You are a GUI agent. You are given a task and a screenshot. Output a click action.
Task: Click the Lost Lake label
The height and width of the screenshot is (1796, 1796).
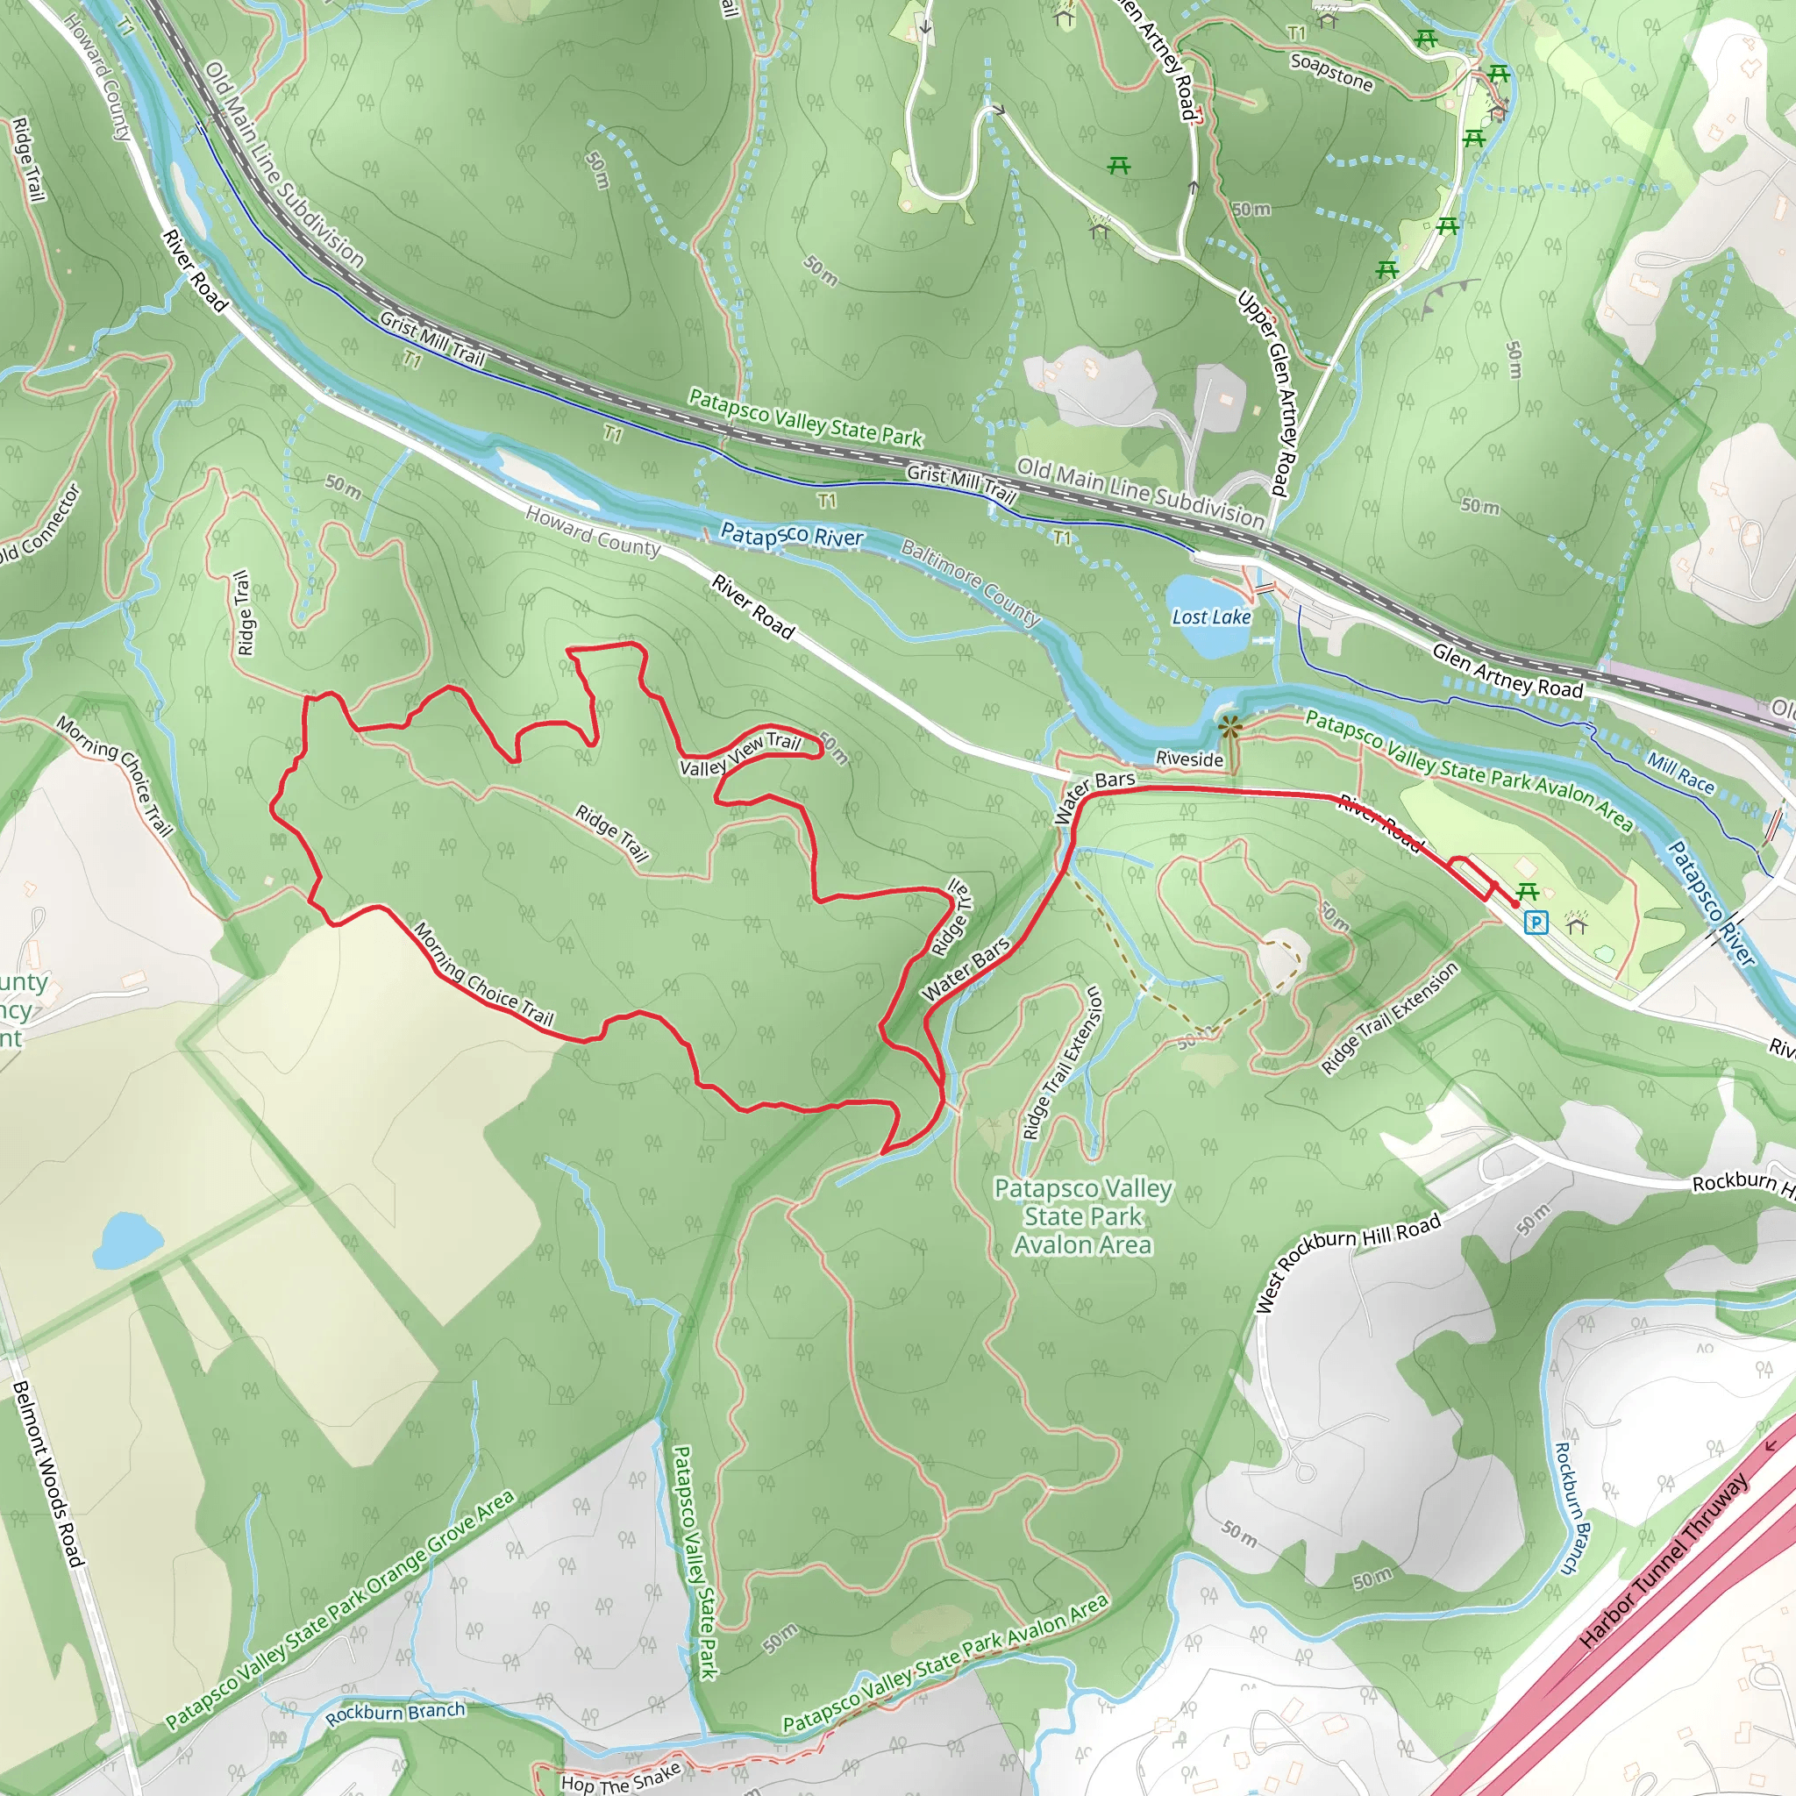[1210, 616]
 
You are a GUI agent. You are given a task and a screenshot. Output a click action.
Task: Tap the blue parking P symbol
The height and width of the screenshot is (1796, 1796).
[1536, 923]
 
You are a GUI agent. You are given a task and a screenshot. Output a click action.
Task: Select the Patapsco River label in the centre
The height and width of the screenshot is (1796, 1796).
[792, 536]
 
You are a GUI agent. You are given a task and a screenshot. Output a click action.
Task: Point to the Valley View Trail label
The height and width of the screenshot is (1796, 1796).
[740, 754]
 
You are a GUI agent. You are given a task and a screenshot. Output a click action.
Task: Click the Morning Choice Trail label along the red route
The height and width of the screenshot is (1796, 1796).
[483, 973]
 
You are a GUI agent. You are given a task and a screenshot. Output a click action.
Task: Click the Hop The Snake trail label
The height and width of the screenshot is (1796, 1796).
[620, 1778]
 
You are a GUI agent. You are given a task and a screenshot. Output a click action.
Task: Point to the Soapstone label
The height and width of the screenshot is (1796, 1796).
[1331, 73]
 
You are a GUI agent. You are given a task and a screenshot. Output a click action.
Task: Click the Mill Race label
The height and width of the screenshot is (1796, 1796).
[1681, 772]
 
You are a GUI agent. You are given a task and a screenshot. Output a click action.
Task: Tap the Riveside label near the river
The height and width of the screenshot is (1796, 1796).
[1189, 759]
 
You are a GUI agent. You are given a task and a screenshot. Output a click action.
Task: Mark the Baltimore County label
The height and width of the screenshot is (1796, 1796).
[970, 583]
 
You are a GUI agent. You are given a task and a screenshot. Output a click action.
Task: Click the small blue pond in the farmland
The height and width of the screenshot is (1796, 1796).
[128, 1240]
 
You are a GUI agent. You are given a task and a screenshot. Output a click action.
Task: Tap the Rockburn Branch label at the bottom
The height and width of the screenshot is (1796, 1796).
[396, 1713]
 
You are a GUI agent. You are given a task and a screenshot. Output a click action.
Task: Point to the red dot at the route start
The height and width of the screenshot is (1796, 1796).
[1515, 903]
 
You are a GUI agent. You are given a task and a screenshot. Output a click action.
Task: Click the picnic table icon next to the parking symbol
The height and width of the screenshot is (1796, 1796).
[1528, 892]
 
